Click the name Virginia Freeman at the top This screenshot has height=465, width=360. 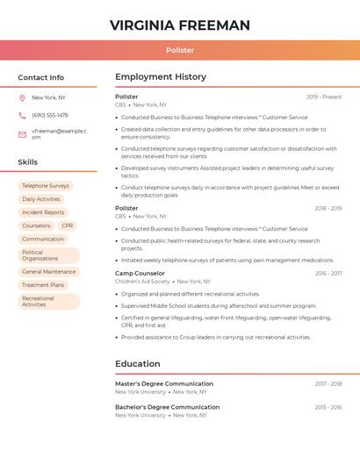click(x=180, y=25)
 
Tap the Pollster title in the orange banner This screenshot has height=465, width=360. click(x=180, y=51)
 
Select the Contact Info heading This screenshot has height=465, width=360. click(x=41, y=77)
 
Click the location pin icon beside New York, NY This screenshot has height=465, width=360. click(x=22, y=97)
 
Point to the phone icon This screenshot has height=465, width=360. click(x=22, y=115)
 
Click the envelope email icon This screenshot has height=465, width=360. click(x=22, y=134)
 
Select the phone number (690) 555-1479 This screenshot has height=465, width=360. click(x=50, y=115)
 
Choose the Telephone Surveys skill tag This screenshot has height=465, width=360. click(x=46, y=186)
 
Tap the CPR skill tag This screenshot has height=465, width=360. click(x=68, y=225)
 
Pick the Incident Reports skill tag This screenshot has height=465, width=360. click(x=43, y=212)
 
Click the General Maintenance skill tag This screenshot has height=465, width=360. click(x=49, y=272)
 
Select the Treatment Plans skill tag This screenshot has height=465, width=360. click(x=43, y=285)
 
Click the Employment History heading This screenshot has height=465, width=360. click(x=161, y=77)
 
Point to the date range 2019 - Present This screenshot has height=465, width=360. click(x=324, y=97)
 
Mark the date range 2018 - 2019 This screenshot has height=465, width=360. click(x=328, y=208)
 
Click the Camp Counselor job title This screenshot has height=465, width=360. click(x=140, y=274)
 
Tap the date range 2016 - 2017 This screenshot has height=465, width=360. click(x=328, y=274)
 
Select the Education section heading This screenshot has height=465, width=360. click(x=138, y=364)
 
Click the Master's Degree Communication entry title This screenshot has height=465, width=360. click(x=164, y=384)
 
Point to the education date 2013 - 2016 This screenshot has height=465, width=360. click(x=328, y=407)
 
